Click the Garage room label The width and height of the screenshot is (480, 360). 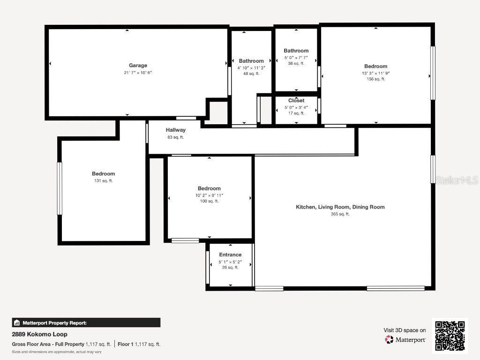point(138,66)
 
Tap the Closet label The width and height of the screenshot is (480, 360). point(296,101)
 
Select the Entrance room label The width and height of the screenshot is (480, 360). point(230,255)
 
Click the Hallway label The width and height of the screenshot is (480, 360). point(176,130)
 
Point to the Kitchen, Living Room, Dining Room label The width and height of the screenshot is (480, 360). point(340,207)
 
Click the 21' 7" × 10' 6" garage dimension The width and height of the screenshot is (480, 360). point(138,73)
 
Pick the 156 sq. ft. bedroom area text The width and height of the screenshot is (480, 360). point(376,79)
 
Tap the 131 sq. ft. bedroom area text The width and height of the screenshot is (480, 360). point(103,180)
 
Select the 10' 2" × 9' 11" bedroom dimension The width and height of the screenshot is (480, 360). point(209,195)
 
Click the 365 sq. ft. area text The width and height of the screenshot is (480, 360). point(340,214)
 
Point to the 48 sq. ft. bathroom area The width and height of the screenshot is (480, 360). point(251,74)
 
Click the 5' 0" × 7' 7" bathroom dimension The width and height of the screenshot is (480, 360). point(296,58)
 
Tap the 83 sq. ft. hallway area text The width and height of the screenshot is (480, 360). point(176,137)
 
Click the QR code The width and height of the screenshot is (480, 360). point(450,336)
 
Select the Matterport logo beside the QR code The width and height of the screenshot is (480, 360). point(405,339)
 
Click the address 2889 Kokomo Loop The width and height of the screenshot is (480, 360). point(39,335)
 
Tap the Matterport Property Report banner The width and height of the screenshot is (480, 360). point(86,322)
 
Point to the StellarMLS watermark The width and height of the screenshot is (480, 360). point(457,180)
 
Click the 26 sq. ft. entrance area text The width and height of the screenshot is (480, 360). point(230,268)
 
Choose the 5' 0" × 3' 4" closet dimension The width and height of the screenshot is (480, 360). point(296,107)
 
